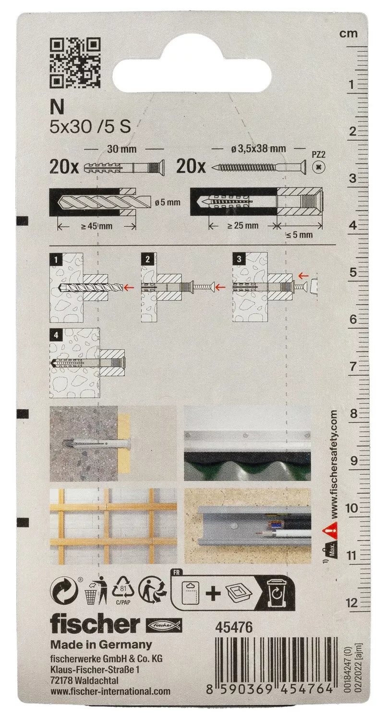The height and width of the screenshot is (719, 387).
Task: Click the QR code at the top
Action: [75, 63]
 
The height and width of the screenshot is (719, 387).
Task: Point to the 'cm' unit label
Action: [349, 34]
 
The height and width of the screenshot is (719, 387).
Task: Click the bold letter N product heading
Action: [57, 106]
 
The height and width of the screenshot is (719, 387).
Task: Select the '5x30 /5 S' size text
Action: [90, 127]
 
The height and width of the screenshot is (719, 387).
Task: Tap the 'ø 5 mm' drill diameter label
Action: [168, 203]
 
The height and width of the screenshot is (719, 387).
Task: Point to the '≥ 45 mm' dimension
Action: [97, 226]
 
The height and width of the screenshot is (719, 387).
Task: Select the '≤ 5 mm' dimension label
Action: [299, 235]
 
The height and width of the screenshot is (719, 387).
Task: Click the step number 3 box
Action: [239, 259]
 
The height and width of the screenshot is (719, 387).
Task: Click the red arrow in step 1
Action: [130, 287]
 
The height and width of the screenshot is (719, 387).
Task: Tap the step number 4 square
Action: [56, 335]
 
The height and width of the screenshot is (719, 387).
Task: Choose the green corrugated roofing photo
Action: [247, 443]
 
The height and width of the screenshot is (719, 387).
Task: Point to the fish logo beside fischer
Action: [164, 626]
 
